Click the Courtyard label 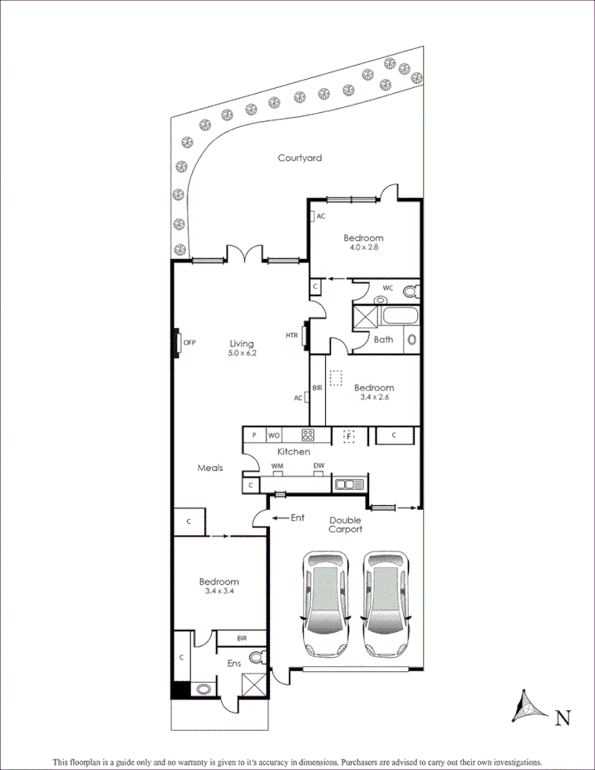[x=299, y=158]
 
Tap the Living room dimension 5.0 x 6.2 [x=242, y=354]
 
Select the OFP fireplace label [x=189, y=342]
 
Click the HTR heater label [x=291, y=336]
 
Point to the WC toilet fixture [x=408, y=291]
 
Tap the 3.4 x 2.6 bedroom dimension [x=373, y=397]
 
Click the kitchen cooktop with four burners [x=307, y=434]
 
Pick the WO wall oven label [x=273, y=434]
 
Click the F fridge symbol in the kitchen [x=349, y=434]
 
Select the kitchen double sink [x=348, y=484]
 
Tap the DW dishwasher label [x=318, y=465]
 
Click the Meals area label [x=209, y=468]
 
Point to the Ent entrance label [x=297, y=517]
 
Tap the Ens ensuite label [x=234, y=664]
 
